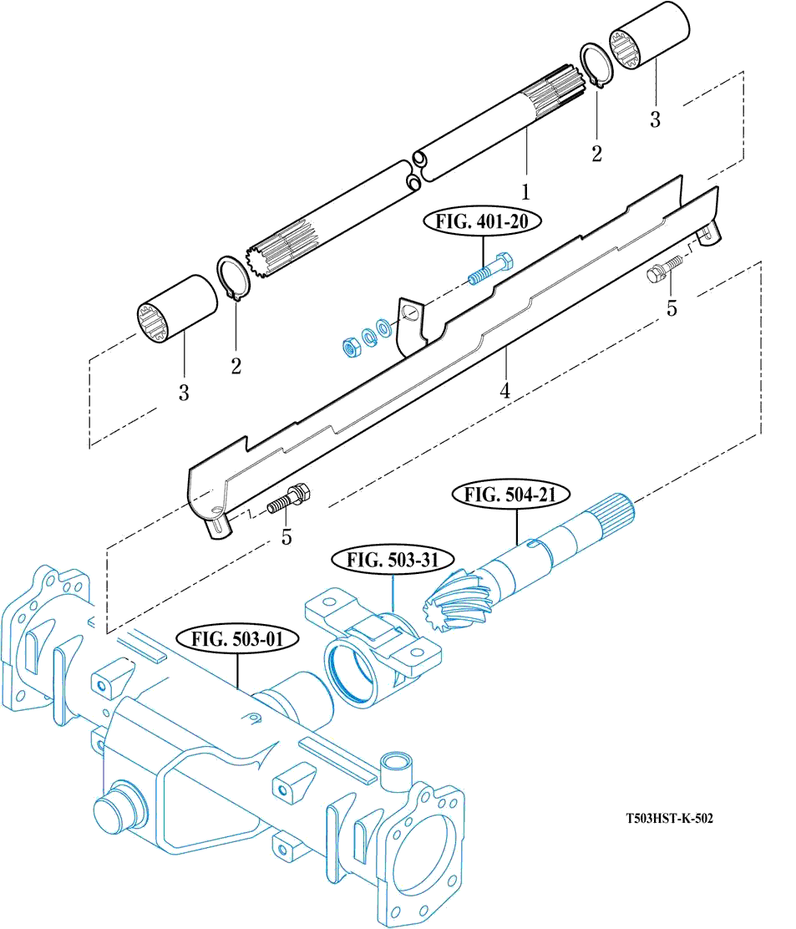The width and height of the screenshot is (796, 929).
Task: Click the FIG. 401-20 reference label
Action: tap(482, 222)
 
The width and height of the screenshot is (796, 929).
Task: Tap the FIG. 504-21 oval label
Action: tap(510, 495)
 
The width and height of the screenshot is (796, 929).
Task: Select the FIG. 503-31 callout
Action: tap(393, 560)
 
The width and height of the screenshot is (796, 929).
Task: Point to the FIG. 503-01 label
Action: tap(237, 639)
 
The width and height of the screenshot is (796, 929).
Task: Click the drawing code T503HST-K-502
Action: tap(669, 819)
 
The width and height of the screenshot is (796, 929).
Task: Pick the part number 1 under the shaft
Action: tap(525, 192)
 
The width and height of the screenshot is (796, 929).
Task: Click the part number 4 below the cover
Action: tap(504, 391)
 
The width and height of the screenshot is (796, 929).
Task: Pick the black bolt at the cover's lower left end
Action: tap(290, 499)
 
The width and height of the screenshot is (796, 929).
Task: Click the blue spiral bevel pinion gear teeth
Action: tap(456, 599)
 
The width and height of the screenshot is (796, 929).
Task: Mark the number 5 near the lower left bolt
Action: tap(286, 537)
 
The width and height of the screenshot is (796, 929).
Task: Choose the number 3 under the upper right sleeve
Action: tap(655, 119)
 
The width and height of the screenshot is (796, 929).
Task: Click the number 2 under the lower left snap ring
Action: tap(236, 366)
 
